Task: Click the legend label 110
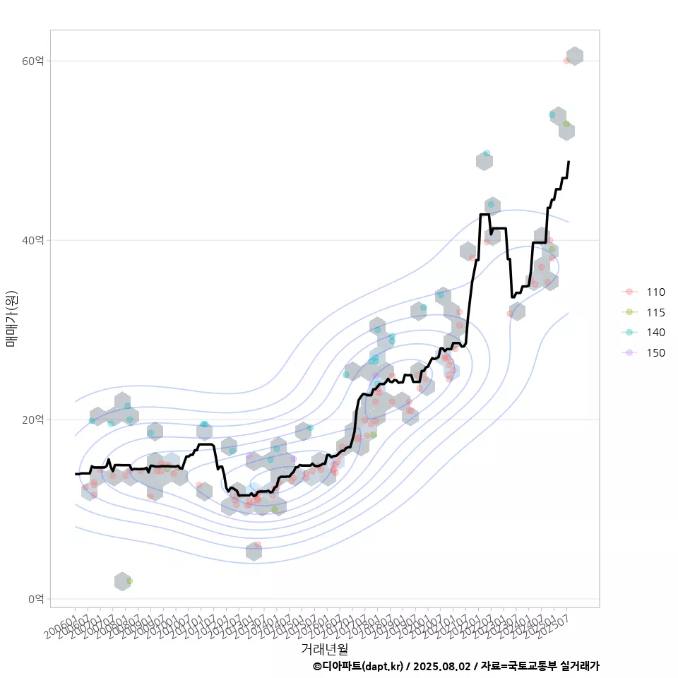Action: click(655, 292)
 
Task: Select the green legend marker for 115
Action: click(629, 312)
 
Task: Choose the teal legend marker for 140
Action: click(629, 333)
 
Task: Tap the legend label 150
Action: click(655, 353)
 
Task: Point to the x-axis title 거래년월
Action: click(325, 648)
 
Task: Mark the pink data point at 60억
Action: click(566, 61)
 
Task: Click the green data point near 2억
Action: click(129, 581)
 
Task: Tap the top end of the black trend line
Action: click(569, 162)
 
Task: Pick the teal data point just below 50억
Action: click(487, 153)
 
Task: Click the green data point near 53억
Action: click(566, 124)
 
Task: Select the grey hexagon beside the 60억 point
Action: click(575, 56)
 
